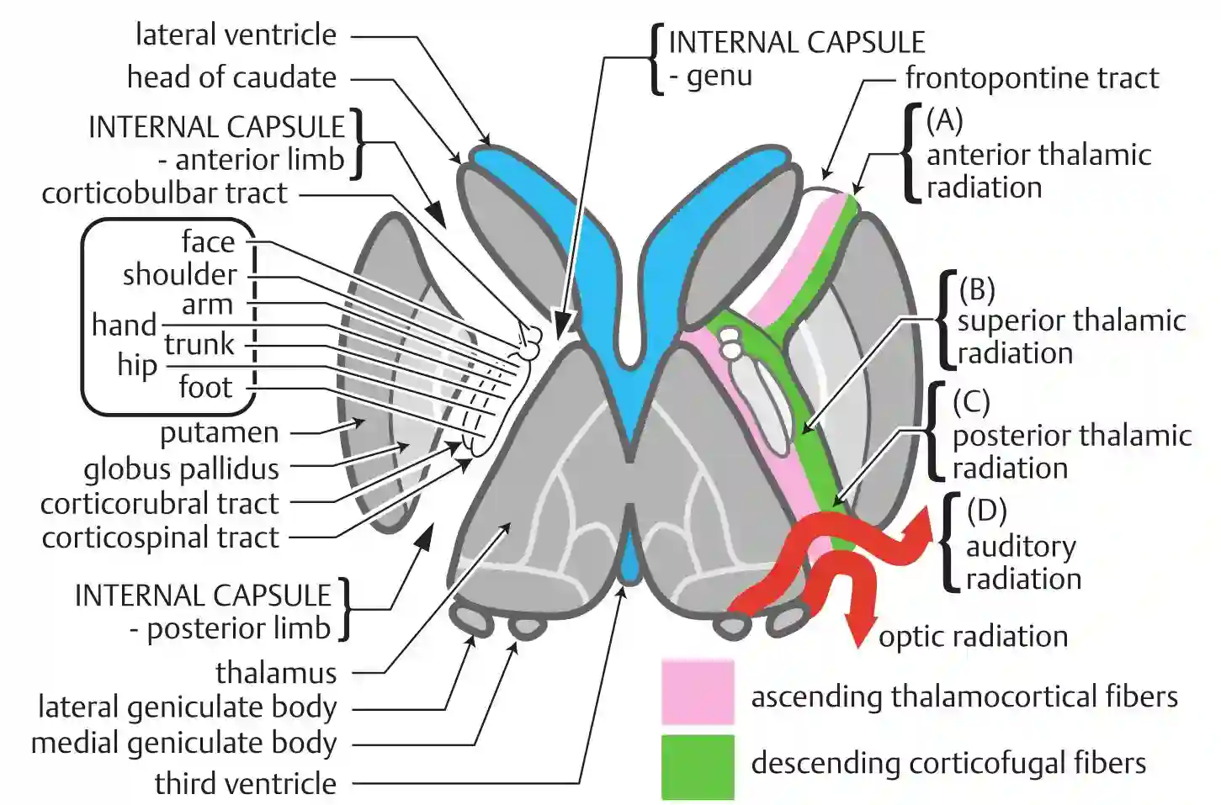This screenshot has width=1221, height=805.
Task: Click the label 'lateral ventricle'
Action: pyautogui.click(x=236, y=35)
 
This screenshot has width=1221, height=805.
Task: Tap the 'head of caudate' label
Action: pyautogui.click(x=231, y=77)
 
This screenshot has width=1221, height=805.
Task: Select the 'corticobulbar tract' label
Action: pyautogui.click(x=165, y=193)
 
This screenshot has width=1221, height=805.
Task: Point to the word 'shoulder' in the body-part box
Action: pyautogui.click(x=180, y=274)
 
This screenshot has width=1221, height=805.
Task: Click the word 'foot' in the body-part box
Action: pyautogui.click(x=204, y=387)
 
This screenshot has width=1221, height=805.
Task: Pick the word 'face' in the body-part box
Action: pyautogui.click(x=208, y=242)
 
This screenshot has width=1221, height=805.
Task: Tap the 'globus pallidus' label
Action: pyautogui.click(x=181, y=469)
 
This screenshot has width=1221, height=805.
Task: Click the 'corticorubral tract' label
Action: pyautogui.click(x=159, y=504)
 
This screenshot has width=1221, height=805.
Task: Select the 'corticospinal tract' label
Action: pyautogui.click(x=160, y=538)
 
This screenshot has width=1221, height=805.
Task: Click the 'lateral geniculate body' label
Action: pyautogui.click(x=187, y=707)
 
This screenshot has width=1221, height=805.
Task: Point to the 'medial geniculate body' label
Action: pyautogui.click(x=183, y=744)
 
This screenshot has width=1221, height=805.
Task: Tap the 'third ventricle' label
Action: pyautogui.click(x=245, y=783)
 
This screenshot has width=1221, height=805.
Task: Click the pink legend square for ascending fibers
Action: pyautogui.click(x=697, y=692)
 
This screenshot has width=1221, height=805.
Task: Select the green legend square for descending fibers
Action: pyautogui.click(x=697, y=766)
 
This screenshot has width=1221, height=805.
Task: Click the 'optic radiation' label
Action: pyautogui.click(x=973, y=637)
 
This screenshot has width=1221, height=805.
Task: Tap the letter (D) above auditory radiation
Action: pyautogui.click(x=986, y=510)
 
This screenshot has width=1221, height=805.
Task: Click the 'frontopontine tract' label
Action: pyautogui.click(x=1032, y=78)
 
